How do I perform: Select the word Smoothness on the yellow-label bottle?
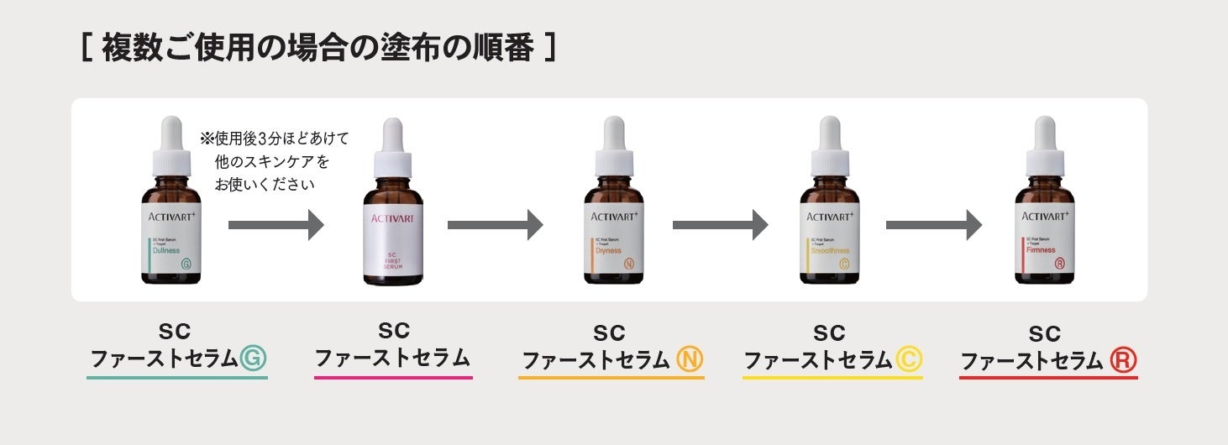(829, 250)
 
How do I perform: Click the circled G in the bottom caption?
(252, 359)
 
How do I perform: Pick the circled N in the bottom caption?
(690, 360)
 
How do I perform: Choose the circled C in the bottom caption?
(908, 359)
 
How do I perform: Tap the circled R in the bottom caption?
(1123, 360)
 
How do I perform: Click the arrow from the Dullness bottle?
(276, 225)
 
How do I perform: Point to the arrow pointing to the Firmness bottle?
(933, 225)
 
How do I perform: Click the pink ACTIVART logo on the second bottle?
(392, 218)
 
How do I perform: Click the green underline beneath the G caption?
(176, 378)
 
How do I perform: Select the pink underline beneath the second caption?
(393, 377)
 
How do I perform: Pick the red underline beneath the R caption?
(1048, 378)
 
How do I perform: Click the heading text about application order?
(317, 49)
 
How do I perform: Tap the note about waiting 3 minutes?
(274, 160)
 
